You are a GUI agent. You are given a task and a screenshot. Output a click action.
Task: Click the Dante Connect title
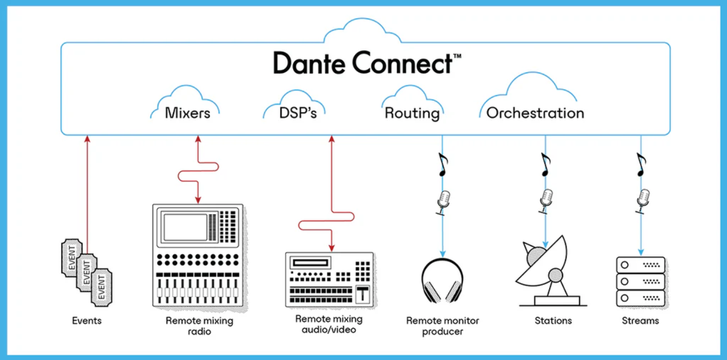click(x=367, y=63)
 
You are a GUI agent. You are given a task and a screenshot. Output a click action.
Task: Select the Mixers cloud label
click(x=188, y=113)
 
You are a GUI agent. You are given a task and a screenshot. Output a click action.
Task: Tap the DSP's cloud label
click(x=298, y=113)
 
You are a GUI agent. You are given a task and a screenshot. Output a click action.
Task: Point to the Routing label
click(x=412, y=114)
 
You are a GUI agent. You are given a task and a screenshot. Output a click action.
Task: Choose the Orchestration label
click(x=535, y=113)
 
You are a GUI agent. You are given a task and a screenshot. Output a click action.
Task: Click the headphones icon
click(x=443, y=280)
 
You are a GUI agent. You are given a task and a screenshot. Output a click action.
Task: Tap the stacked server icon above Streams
click(x=641, y=282)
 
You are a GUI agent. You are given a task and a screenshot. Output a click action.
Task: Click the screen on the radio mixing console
click(x=185, y=227)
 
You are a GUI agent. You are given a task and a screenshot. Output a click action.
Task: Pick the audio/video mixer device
click(x=330, y=280)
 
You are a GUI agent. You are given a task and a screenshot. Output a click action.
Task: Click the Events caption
click(x=86, y=321)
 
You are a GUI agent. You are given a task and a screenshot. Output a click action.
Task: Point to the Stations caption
click(x=553, y=321)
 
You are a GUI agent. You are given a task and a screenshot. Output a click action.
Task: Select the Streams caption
click(x=641, y=321)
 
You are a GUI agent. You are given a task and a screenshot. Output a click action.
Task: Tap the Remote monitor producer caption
click(x=443, y=326)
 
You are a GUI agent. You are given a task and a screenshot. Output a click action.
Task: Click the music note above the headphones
click(x=443, y=164)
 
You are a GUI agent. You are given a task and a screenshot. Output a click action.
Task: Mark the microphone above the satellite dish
click(x=546, y=201)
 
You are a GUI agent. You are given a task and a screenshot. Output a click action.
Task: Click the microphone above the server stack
click(x=643, y=201)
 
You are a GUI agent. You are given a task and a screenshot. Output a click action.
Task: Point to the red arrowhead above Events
click(x=87, y=139)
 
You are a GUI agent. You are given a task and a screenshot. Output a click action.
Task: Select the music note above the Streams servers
click(x=641, y=164)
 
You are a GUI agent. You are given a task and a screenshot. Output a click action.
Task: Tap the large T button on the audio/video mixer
click(x=362, y=294)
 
